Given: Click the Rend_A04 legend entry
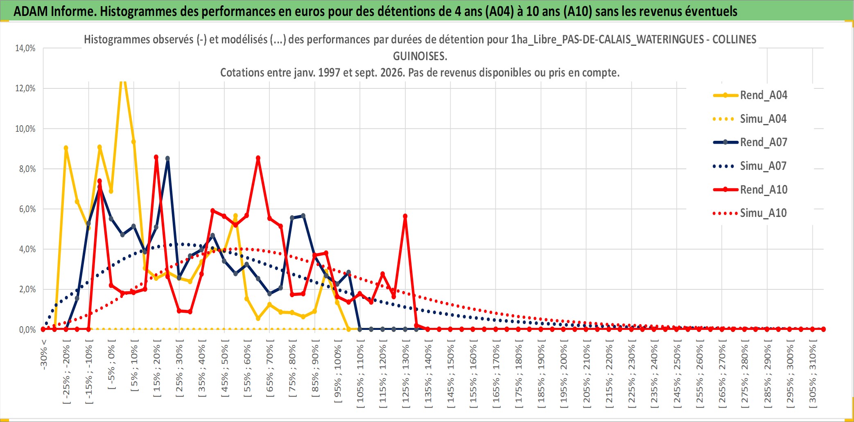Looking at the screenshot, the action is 750,95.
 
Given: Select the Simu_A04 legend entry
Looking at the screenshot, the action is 750,119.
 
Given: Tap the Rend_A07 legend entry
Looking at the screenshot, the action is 750,142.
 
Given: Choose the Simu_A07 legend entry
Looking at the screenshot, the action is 750,166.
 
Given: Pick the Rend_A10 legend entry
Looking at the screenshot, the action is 750,190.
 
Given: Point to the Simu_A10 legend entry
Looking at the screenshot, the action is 750,213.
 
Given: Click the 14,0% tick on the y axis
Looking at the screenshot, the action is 25,48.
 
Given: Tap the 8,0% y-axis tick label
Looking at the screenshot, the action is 27,169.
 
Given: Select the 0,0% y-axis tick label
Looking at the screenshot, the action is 27,330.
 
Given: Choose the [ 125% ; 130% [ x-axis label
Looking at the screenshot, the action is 405,376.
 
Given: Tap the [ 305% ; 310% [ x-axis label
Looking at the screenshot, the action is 812,376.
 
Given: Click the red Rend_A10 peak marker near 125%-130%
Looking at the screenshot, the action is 405,216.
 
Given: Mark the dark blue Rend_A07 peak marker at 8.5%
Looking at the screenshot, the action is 167,158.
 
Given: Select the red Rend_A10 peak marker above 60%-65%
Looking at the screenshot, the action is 258,158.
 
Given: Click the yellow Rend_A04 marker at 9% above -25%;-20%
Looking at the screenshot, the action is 66,148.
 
